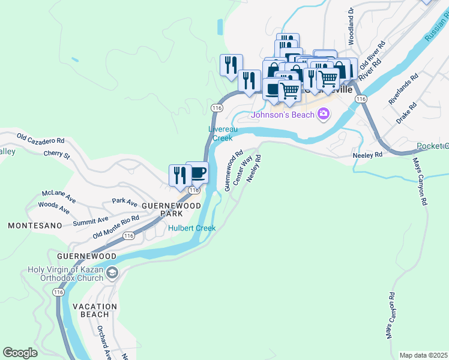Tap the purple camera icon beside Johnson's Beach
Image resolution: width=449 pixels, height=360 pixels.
coord(324,113)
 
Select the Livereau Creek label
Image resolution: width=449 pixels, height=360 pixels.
coord(220,133)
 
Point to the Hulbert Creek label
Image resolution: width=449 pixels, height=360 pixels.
coord(191,228)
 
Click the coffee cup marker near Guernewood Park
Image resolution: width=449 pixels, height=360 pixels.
coord(197,173)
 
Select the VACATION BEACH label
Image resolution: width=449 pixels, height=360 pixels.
coord(95,310)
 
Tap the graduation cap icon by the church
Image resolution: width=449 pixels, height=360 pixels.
coord(112,274)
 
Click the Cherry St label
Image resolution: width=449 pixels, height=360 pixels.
coord(57,155)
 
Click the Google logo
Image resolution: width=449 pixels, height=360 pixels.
coord(20,352)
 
